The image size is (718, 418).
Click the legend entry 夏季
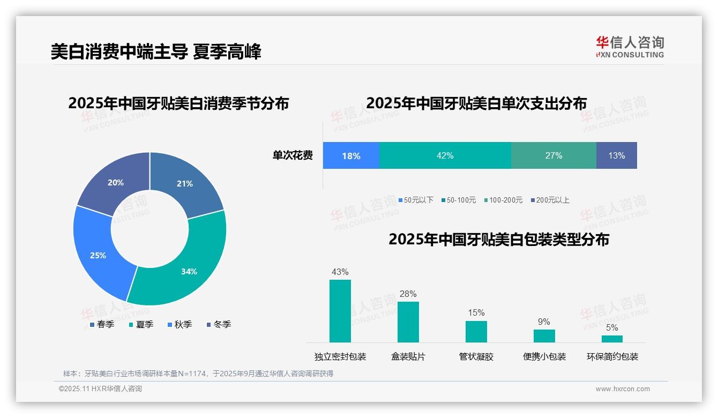click(x=141, y=324)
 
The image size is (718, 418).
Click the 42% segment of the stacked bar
click(x=445, y=155)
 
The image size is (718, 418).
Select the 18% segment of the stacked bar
click(x=351, y=155)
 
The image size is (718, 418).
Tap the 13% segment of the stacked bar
click(x=616, y=155)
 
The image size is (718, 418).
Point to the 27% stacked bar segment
click(x=554, y=155)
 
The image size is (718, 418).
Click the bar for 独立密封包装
click(x=340, y=311)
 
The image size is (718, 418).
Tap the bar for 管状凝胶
click(x=476, y=331)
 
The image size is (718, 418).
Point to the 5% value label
click(x=612, y=327)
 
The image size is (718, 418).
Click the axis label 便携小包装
click(x=544, y=356)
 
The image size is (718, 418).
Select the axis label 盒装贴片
click(x=408, y=356)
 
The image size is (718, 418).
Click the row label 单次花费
click(x=293, y=155)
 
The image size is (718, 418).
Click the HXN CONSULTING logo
click(x=630, y=47)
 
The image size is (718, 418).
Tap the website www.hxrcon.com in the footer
click(x=623, y=389)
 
